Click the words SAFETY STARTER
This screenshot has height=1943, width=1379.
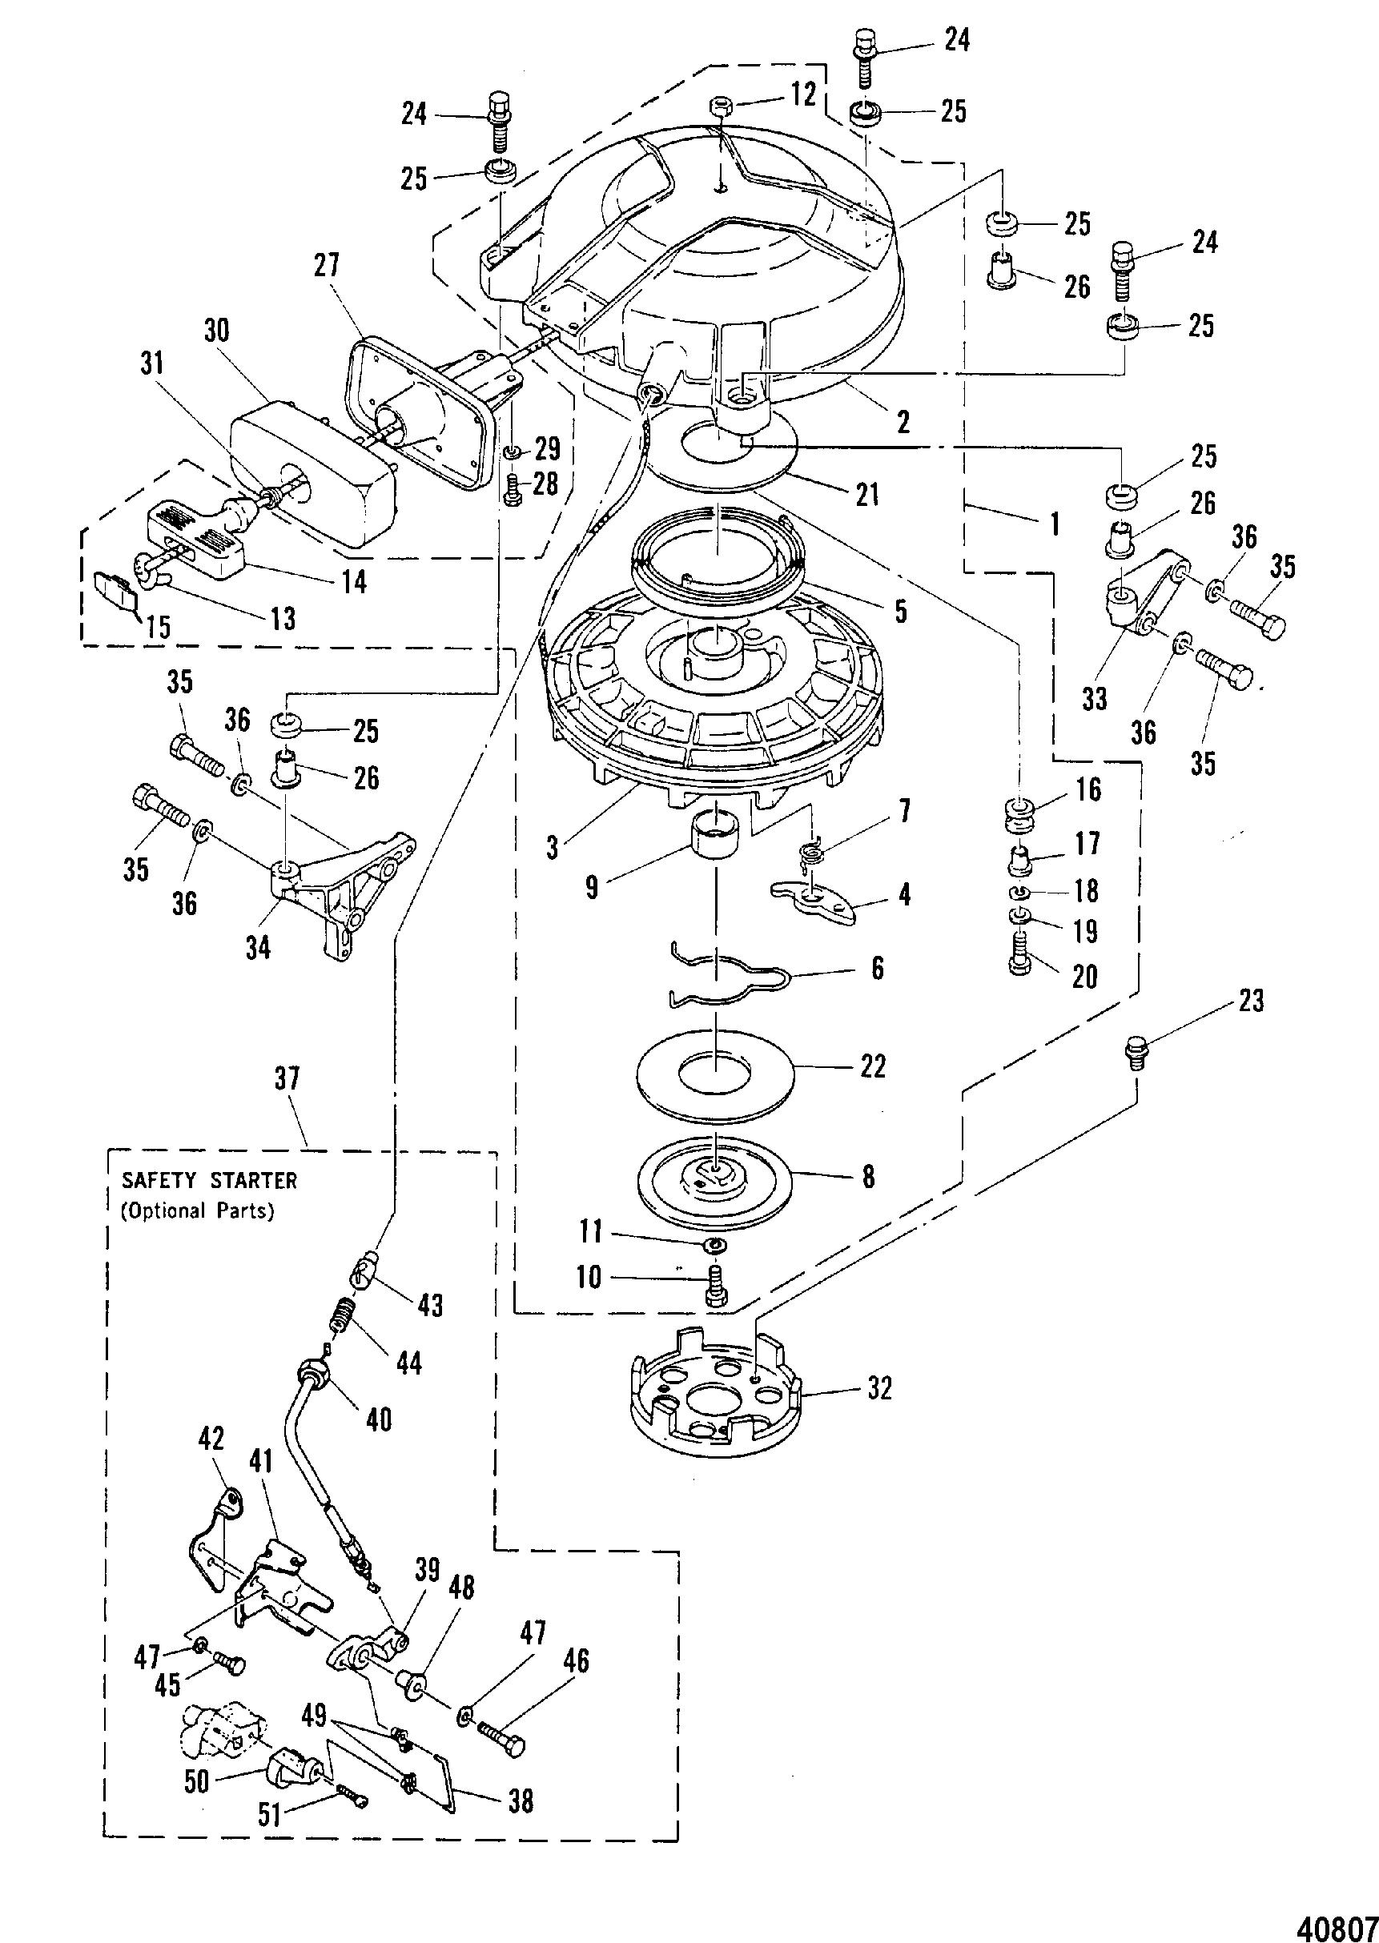(209, 1180)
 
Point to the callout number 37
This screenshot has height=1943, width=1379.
(287, 1079)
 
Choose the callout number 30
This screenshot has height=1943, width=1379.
(217, 329)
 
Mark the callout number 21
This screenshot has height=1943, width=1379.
(867, 494)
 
